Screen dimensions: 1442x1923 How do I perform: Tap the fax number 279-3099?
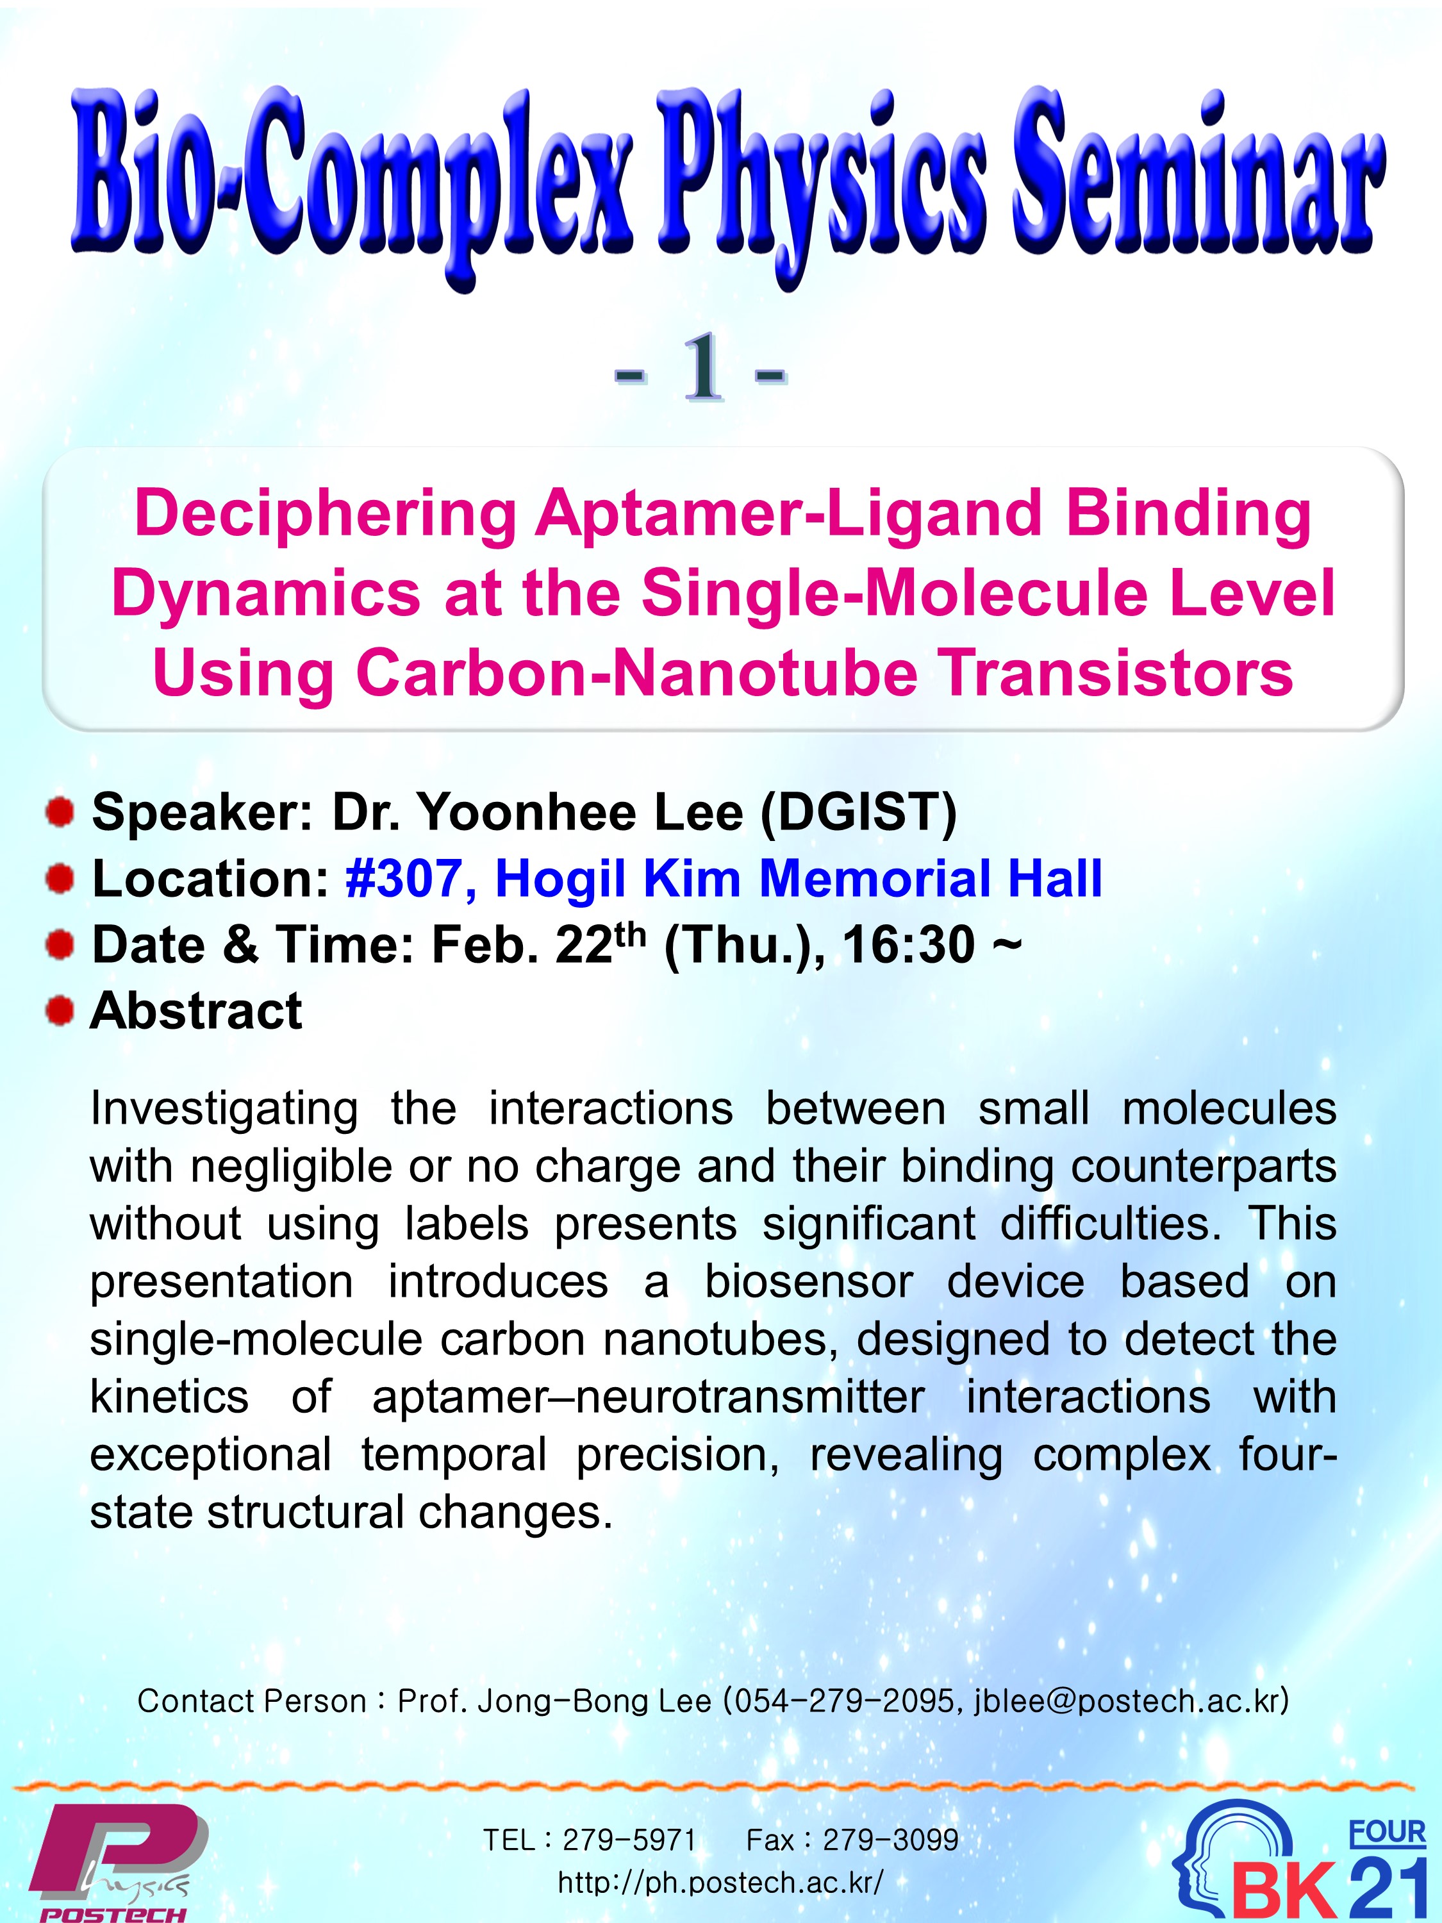(x=891, y=1840)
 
